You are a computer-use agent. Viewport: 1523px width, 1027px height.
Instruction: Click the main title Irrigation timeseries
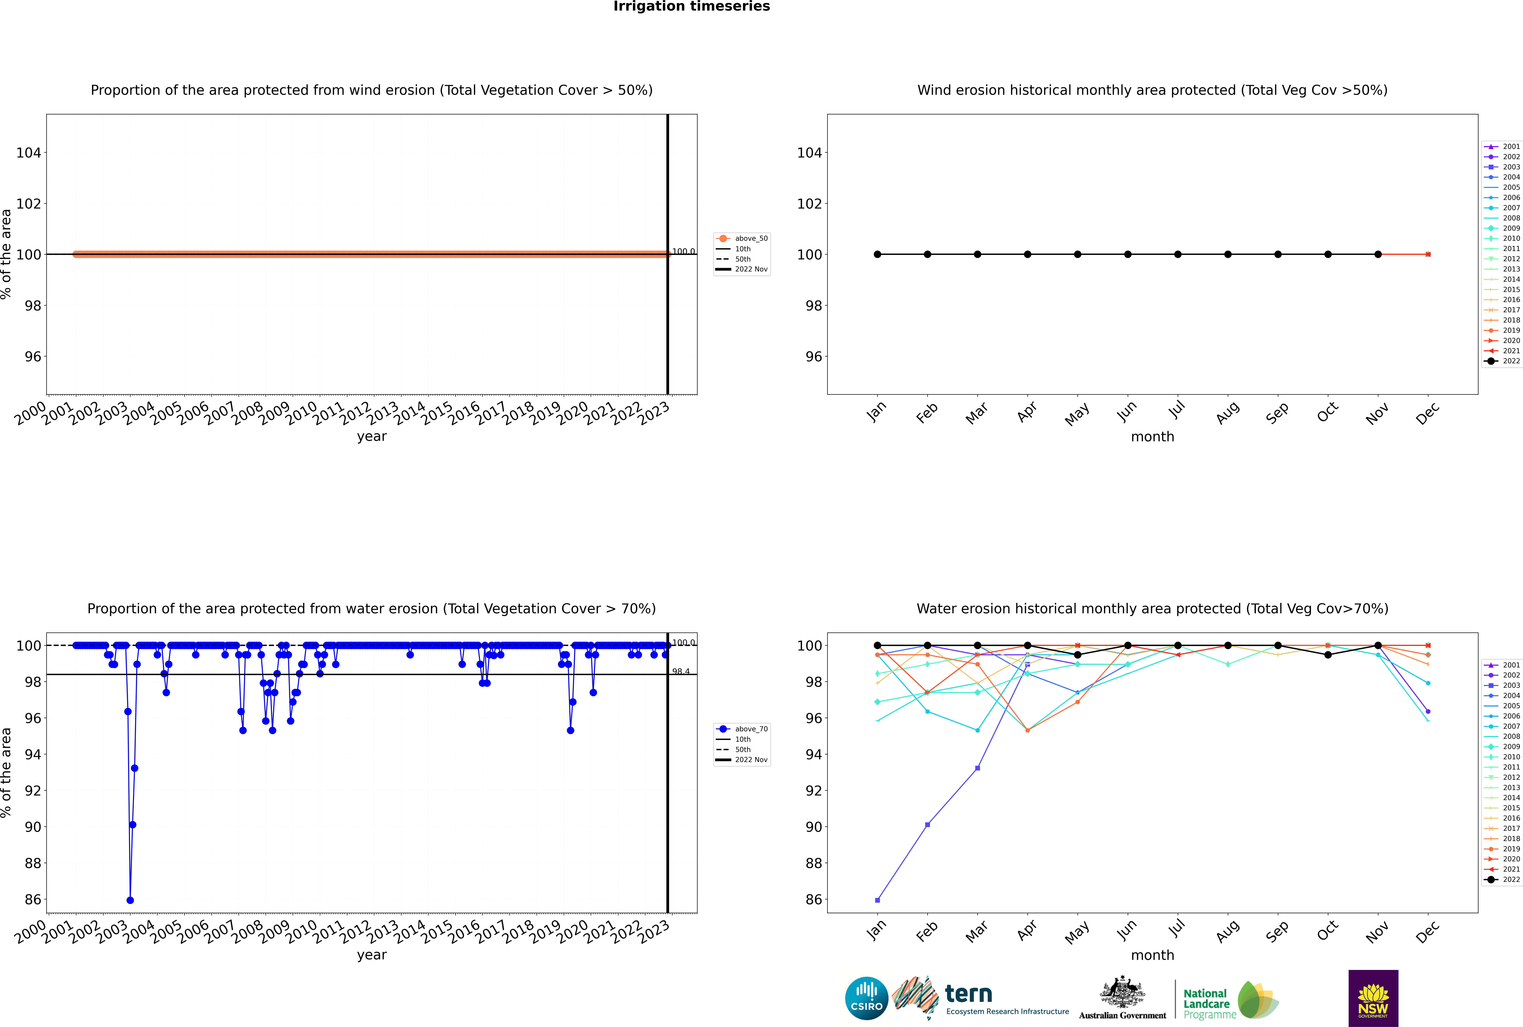(691, 7)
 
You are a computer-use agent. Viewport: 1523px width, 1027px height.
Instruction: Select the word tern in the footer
(968, 994)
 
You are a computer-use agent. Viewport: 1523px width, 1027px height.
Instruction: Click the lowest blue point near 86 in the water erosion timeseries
(130, 900)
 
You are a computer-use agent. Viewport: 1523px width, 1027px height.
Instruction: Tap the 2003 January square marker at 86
(877, 900)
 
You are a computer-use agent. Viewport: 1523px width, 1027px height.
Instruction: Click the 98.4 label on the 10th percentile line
(681, 671)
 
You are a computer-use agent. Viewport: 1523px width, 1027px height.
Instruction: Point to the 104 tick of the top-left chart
(28, 153)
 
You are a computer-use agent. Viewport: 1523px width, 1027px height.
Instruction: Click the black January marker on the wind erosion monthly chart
(877, 254)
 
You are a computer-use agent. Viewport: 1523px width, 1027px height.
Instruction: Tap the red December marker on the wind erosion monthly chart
(1428, 254)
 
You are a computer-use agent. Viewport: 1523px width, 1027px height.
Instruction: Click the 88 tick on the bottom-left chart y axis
(33, 863)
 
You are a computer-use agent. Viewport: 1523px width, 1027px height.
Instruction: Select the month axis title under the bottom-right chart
(1152, 955)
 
